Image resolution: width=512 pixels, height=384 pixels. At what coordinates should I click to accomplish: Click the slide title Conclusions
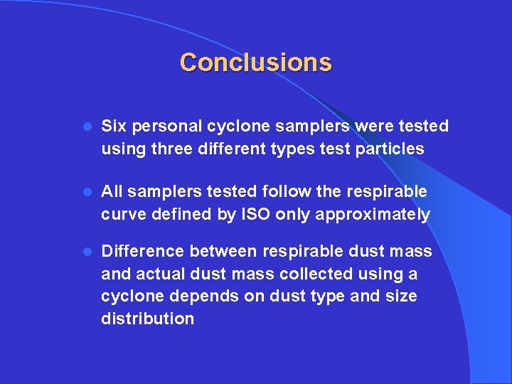click(255, 63)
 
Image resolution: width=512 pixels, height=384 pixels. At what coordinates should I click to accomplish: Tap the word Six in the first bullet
click(113, 127)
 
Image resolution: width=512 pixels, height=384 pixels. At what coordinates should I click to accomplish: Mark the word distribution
click(147, 319)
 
